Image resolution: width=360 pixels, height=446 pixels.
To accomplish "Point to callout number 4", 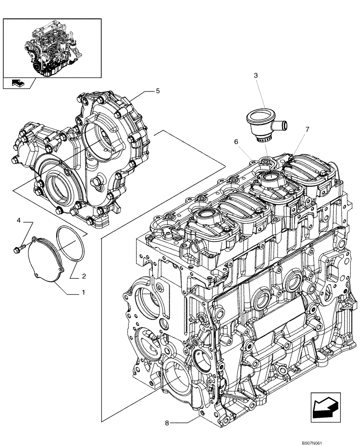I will click(x=19, y=221).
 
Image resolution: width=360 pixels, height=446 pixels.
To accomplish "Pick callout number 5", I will click(x=158, y=91).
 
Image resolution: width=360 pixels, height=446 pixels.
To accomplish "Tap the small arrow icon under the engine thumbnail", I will click(x=19, y=82).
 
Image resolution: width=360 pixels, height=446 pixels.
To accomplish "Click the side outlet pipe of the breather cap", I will click(x=281, y=124).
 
